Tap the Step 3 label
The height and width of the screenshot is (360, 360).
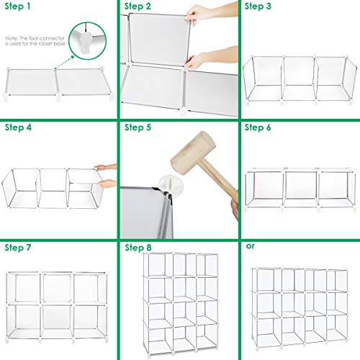pyautogui.click(x=258, y=6)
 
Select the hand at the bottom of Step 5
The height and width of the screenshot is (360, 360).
pyautogui.click(x=235, y=210)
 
